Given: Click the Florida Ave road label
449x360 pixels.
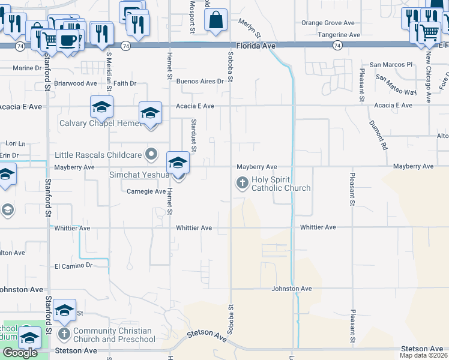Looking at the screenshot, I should pyautogui.click(x=255, y=45).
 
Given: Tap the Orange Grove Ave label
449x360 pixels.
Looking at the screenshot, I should pyautogui.click(x=328, y=23).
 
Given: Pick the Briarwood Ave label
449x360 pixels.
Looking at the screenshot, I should pyautogui.click(x=75, y=83).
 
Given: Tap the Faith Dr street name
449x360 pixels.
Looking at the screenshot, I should pyautogui.click(x=125, y=83).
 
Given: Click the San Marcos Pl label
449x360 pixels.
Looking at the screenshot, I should pyautogui.click(x=391, y=64).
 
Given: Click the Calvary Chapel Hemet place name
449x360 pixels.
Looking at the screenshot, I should pyautogui.click(x=99, y=124).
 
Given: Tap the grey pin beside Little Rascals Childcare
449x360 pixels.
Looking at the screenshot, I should pyautogui.click(x=152, y=155).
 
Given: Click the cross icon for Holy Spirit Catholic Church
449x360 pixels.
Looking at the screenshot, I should pyautogui.click(x=242, y=182).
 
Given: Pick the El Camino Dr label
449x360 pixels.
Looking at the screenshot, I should pyautogui.click(x=74, y=265).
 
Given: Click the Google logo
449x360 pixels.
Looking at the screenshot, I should pyautogui.click(x=20, y=352).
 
